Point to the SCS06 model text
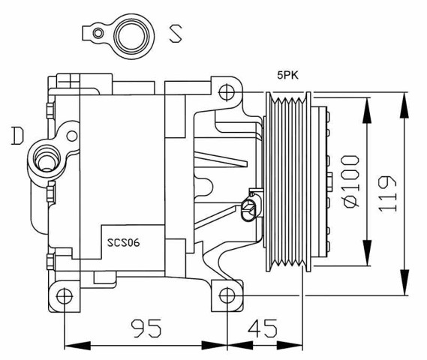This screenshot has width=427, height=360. tap(124, 241)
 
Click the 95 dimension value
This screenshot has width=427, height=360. tap(147, 328)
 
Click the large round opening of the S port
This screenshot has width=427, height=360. tap(134, 34)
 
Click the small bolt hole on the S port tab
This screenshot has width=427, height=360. tap(96, 33)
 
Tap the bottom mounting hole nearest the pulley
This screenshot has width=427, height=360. tap(228, 294)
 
